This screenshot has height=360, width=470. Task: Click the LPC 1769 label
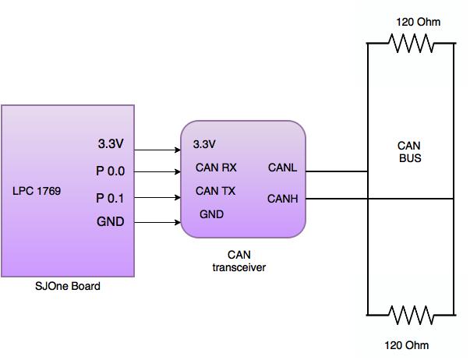point(37,191)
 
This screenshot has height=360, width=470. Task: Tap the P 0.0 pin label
point(111,171)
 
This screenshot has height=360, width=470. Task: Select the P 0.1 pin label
point(110,198)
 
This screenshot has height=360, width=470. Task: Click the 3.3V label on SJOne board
point(111,143)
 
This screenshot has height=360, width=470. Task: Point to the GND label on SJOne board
point(111,221)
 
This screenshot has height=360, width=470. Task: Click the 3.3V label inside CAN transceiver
point(204,144)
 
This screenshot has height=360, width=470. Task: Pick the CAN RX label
point(216,168)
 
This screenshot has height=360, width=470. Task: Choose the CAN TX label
point(216,191)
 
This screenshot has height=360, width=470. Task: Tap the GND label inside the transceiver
point(212,214)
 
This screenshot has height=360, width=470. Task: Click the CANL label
point(282,168)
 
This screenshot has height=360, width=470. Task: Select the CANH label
point(283,199)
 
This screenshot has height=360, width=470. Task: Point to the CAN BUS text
point(410,152)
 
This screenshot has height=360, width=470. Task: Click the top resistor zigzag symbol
point(412,44)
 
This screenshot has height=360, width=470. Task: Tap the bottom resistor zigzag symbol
point(412,315)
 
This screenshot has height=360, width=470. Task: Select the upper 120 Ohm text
point(418,22)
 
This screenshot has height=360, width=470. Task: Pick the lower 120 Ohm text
point(406,345)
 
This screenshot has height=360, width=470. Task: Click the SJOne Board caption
point(68,286)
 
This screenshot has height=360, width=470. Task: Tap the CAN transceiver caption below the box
point(239,261)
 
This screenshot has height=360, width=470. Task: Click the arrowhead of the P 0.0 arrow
point(178,171)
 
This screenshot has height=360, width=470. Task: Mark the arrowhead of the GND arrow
point(178,222)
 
